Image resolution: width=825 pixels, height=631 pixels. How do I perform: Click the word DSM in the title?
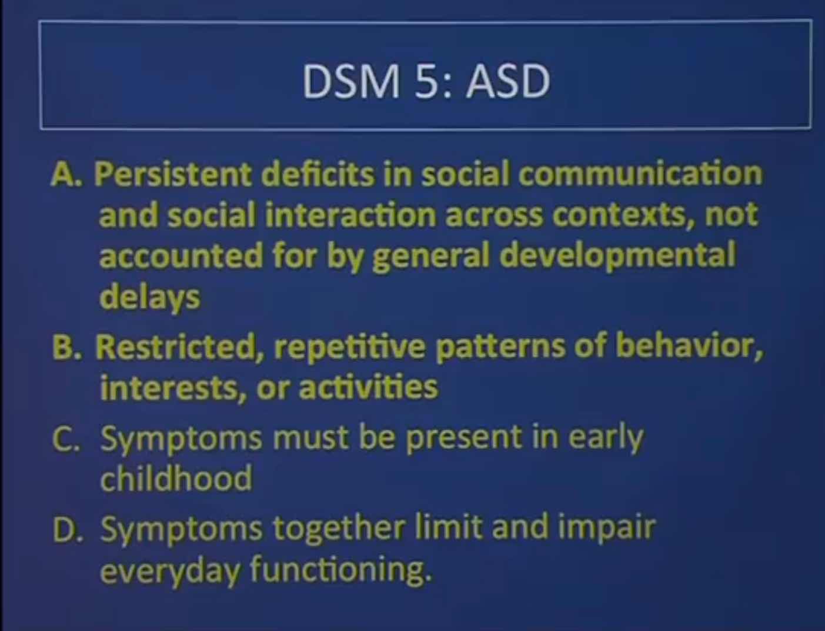tap(351, 82)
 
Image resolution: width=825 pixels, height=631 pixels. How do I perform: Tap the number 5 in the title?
tap(426, 82)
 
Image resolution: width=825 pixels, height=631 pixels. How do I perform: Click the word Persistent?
tap(173, 175)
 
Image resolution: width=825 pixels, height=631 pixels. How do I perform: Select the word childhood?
tap(176, 477)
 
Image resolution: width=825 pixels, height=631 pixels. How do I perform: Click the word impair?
tap(607, 530)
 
